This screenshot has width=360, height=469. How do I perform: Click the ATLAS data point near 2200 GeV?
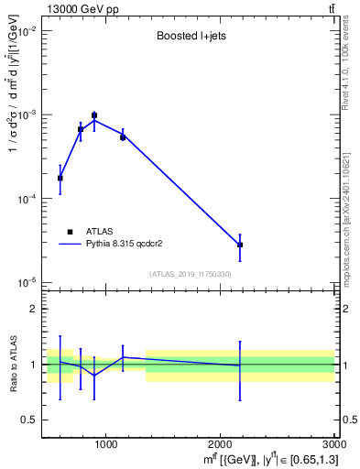coord(240,245)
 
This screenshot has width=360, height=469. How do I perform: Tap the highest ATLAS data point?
coord(94,115)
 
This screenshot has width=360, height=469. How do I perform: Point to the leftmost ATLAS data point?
coord(60,178)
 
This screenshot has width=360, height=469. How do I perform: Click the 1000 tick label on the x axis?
coord(105,445)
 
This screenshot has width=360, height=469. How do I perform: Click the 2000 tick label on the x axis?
coord(221,445)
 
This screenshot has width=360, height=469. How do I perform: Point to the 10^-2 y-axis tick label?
coord(25,31)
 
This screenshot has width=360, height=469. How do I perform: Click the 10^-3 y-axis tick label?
coord(25,115)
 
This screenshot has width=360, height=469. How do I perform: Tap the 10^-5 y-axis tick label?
coord(25,281)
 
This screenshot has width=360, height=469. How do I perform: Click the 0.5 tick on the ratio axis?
coord(29,420)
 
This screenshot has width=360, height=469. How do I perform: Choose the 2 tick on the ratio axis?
coord(33,309)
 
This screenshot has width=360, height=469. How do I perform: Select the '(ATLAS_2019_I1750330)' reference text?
coord(190,274)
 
